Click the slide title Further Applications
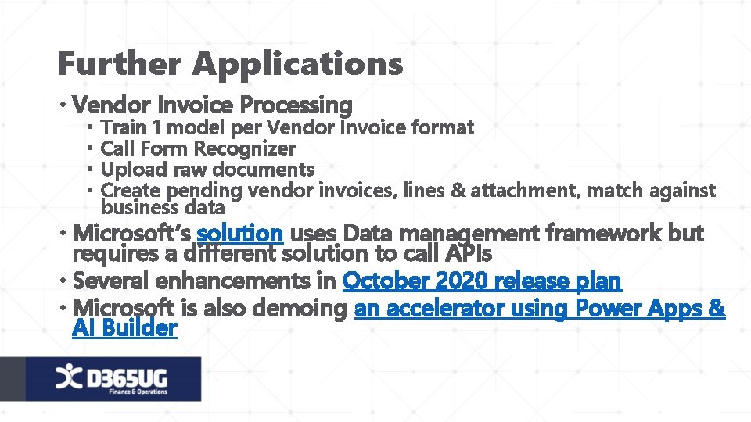click(231, 64)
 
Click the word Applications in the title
click(299, 64)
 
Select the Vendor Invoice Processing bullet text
click(216, 104)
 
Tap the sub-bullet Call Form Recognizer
click(199, 148)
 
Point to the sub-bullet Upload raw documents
click(208, 169)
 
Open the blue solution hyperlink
click(239, 233)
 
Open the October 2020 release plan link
click(482, 281)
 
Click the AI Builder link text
click(124, 328)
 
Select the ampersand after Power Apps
click(717, 309)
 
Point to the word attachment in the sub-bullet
click(524, 190)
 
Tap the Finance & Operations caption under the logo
click(138, 392)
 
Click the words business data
click(163, 208)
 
